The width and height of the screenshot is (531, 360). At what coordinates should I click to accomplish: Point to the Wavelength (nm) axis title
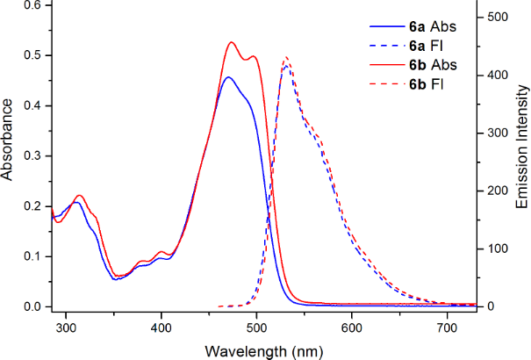click(x=263, y=351)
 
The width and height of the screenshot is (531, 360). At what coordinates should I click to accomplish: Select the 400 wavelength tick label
click(x=161, y=328)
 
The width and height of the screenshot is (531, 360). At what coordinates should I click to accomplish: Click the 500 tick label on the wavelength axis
click(x=256, y=328)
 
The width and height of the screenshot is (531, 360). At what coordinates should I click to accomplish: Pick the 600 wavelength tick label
click(x=352, y=328)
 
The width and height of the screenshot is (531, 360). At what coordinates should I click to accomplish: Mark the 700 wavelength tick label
click(x=447, y=328)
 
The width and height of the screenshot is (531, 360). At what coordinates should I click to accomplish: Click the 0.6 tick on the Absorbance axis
click(x=32, y=4)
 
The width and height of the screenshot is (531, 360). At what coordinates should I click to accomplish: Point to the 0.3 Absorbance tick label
click(x=32, y=155)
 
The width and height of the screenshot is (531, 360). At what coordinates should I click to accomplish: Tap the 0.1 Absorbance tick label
click(x=32, y=256)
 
